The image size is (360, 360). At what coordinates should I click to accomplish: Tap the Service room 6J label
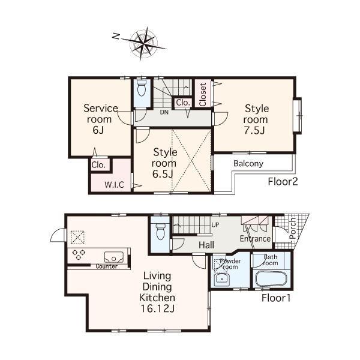coord(100,119)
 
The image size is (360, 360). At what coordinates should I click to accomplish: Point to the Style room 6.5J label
coord(164,163)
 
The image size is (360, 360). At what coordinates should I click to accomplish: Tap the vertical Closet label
coord(203,95)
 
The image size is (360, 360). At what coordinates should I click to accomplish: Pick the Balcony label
coord(248,164)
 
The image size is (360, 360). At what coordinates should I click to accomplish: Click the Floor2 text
coord(283,181)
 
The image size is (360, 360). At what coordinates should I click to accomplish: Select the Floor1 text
coord(276,297)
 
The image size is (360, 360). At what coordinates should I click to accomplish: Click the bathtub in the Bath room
coord(271,279)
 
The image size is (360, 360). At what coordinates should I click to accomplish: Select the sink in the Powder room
coord(224,279)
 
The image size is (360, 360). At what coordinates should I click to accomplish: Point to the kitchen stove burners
coord(79,254)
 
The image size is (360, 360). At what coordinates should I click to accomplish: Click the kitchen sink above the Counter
coord(114,257)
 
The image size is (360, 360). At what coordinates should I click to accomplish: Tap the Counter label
coord(106,266)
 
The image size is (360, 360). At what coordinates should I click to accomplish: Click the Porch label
coord(292,229)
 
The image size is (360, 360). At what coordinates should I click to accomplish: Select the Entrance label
coord(255,239)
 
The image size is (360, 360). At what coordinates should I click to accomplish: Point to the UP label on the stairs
coord(215,225)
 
